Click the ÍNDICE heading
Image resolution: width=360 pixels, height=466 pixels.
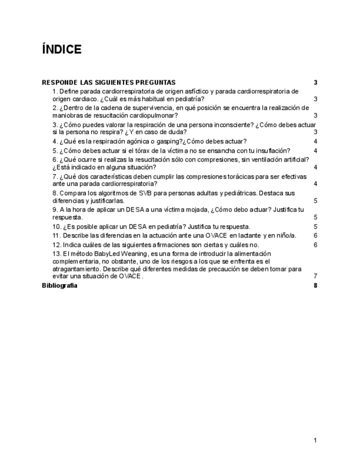62,50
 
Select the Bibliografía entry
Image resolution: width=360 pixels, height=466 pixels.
60,285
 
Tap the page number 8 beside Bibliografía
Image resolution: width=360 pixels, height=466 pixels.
316,285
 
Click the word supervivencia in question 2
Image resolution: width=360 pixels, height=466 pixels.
149,108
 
